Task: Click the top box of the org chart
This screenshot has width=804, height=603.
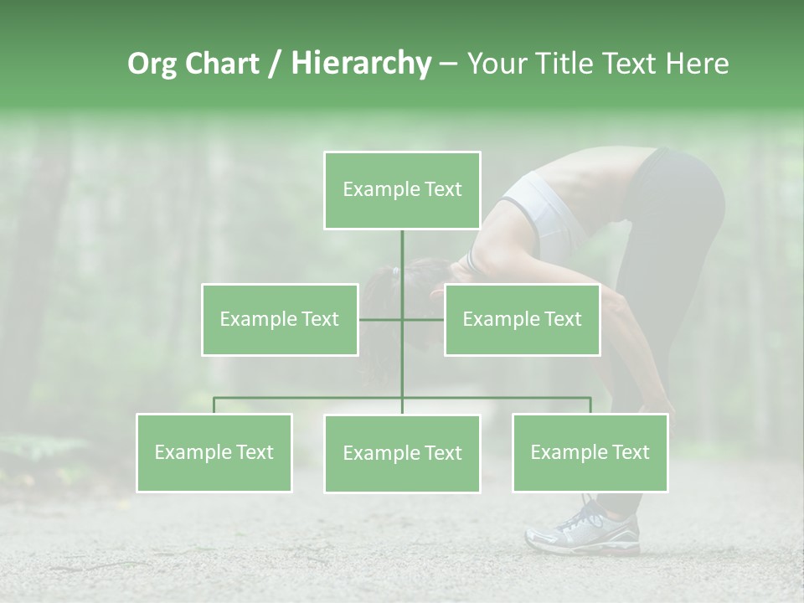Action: [x=402, y=190]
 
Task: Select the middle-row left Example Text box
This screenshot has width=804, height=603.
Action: [x=280, y=319]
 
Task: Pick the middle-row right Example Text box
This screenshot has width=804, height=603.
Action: [x=522, y=319]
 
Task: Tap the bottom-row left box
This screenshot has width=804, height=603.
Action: [x=214, y=452]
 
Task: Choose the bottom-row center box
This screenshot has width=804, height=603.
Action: [x=402, y=453]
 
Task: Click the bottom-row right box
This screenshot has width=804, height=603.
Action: [x=590, y=452]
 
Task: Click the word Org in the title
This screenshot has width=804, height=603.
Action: [x=152, y=64]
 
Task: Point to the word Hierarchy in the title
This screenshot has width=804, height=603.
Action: [x=361, y=64]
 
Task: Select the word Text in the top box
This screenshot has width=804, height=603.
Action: [x=443, y=189]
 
